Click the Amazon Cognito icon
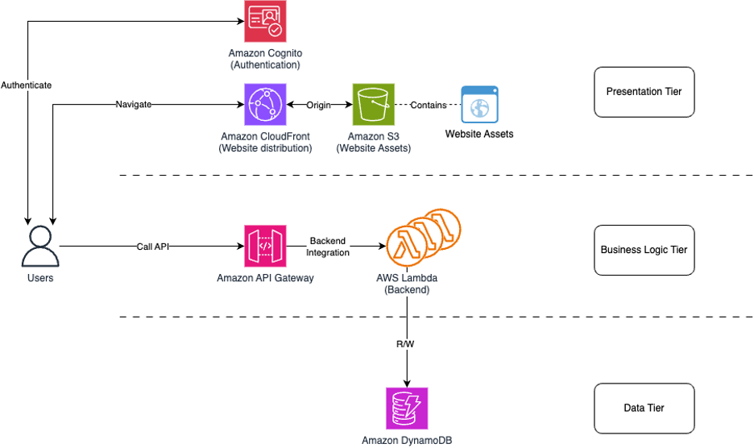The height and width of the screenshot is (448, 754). (265, 22)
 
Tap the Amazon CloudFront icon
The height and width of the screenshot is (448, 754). (265, 105)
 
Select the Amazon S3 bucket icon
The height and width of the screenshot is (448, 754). (374, 105)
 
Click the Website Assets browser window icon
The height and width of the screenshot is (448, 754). (479, 105)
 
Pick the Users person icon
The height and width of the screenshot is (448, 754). (40, 246)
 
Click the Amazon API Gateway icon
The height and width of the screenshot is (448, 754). (265, 246)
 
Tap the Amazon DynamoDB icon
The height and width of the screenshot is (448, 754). (407, 409)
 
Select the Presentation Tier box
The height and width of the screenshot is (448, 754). (644, 92)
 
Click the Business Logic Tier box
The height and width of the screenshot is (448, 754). (644, 250)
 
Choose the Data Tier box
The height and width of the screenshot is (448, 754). (644, 409)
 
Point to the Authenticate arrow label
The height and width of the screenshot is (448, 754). (27, 85)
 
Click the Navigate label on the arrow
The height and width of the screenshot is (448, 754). (133, 105)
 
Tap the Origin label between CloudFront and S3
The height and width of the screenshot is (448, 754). (319, 105)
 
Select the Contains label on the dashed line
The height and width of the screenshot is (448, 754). (429, 105)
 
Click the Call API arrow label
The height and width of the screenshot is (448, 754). (152, 246)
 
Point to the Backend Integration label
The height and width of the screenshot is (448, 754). (328, 247)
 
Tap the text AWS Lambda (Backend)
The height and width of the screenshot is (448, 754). (407, 284)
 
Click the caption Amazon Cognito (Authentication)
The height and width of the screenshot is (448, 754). (265, 59)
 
